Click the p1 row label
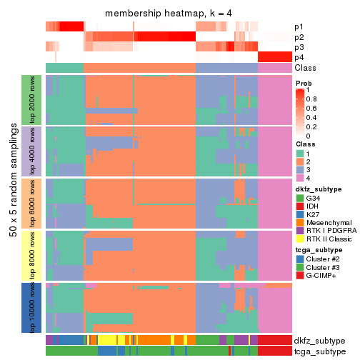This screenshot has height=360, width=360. (x=299, y=26)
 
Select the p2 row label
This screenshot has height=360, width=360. (x=299, y=36)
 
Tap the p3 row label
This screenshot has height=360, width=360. (x=299, y=47)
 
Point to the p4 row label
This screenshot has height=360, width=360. (x=299, y=57)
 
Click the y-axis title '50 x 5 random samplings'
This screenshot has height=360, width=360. (x=12, y=204)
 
